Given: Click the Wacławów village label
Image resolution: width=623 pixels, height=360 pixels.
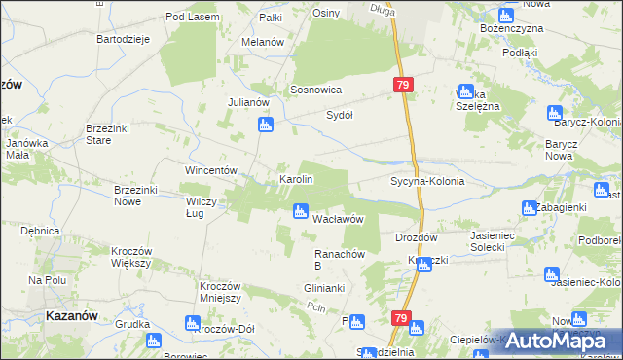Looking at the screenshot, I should tap(338, 220).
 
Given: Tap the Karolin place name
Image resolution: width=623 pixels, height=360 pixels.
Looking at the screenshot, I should tap(296, 180).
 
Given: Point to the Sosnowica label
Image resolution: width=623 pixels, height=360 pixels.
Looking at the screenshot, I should tap(315, 90).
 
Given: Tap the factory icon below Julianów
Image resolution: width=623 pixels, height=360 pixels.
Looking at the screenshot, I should tap(265, 125).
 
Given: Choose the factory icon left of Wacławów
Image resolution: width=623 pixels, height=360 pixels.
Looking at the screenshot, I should tap(301, 211).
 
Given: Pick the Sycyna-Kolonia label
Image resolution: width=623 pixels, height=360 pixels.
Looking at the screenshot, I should tap(427, 182).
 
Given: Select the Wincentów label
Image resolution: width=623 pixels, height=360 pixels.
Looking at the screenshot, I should tap(212, 170).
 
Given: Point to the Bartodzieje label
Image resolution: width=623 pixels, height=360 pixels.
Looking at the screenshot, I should tap(122, 39).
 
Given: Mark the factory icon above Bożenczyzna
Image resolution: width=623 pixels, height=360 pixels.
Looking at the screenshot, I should tap(505, 16).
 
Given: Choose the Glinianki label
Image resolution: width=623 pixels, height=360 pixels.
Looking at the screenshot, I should tap(324, 289).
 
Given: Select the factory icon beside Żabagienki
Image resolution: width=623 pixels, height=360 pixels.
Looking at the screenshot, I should tap(530, 207).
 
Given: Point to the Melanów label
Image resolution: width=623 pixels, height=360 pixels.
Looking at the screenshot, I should tap(262, 43).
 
